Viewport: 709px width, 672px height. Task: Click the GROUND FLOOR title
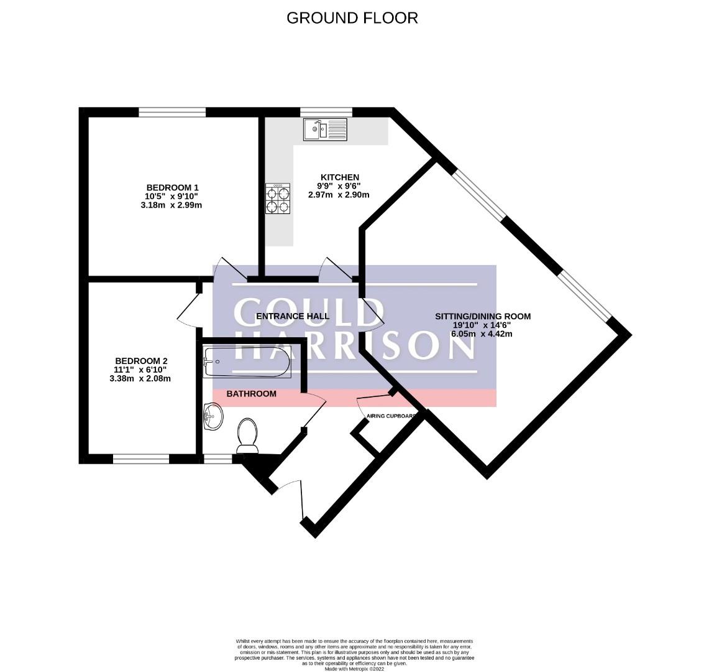coord(352,18)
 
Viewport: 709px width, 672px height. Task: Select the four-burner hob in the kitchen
coord(278,200)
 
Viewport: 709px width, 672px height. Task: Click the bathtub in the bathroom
coord(247,363)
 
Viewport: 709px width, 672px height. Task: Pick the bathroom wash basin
coord(213,415)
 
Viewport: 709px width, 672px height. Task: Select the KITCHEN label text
coord(339,177)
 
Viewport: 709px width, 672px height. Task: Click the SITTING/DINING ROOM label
coord(482,316)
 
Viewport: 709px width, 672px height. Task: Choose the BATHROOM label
coord(251,394)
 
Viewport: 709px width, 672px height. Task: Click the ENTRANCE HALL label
coord(293,316)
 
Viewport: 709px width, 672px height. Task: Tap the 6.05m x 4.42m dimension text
coord(482,334)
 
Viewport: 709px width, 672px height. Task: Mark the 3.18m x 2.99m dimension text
coord(172,205)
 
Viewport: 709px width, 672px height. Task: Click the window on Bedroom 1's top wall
coord(172,112)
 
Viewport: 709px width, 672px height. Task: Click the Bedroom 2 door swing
coord(188,309)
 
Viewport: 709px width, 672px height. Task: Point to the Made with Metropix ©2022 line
coord(354,669)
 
